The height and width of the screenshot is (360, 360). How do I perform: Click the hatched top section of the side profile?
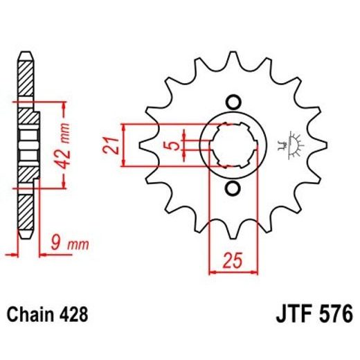24,78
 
